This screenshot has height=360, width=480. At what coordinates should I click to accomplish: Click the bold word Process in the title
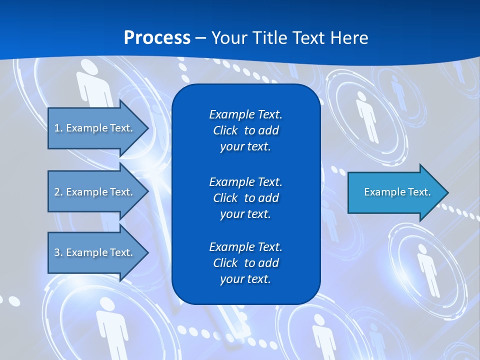(157, 38)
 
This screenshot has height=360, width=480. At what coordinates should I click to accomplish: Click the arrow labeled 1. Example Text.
(95, 128)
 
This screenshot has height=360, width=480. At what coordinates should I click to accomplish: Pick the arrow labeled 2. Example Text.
(95, 192)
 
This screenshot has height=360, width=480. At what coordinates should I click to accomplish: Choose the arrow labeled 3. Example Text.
(95, 252)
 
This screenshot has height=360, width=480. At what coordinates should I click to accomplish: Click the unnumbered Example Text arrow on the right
(395, 192)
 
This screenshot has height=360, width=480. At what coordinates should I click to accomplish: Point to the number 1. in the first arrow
(58, 128)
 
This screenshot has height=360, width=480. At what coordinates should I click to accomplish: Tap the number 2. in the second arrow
(58, 192)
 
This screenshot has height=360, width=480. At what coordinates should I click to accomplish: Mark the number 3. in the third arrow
(58, 252)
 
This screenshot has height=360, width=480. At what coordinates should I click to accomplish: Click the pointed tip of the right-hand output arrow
(446, 192)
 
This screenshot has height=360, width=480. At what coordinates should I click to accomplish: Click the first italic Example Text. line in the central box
(245, 114)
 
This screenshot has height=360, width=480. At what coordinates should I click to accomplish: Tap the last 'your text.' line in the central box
(245, 279)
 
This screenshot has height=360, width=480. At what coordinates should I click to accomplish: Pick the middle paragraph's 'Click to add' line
(245, 198)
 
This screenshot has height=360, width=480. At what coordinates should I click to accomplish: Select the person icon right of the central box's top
(367, 115)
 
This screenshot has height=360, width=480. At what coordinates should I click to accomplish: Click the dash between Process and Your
(201, 38)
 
